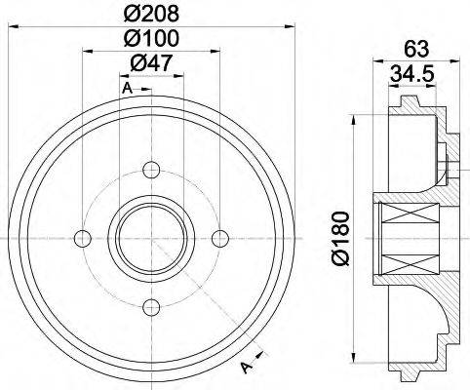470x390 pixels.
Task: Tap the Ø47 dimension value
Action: [151, 64]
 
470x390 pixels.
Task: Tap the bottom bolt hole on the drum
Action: [151, 308]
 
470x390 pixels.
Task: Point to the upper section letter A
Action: [127, 90]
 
